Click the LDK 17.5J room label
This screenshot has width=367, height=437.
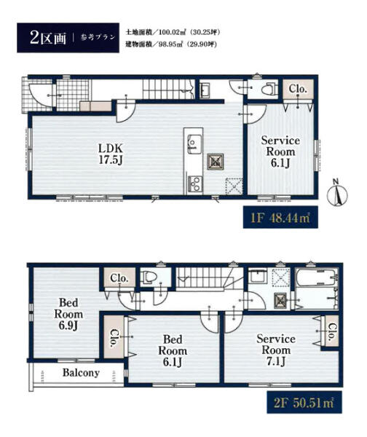tap(111, 154)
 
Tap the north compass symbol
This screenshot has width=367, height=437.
tap(337, 194)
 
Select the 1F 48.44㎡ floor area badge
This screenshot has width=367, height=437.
tap(280, 217)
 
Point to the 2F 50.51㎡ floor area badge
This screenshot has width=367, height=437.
tap(304, 403)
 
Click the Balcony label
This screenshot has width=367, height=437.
tap(81, 373)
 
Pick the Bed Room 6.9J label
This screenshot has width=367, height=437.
tap(68, 314)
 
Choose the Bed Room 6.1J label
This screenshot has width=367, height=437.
tap(173, 351)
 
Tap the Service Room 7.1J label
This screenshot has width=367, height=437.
tap(276, 350)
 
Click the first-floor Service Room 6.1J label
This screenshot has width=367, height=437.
tap(280, 151)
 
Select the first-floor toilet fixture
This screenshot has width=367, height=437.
tap(268, 89)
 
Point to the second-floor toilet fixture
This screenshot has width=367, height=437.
tap(149, 277)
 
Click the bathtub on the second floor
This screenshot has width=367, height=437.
tap(317, 277)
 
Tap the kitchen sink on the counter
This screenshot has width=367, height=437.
tap(194, 143)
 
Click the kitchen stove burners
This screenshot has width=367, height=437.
tap(194, 183)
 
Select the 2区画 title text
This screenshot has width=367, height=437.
tap(47, 38)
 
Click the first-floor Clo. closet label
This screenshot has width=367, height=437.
tap(298, 89)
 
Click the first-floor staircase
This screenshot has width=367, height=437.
tap(169, 89)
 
